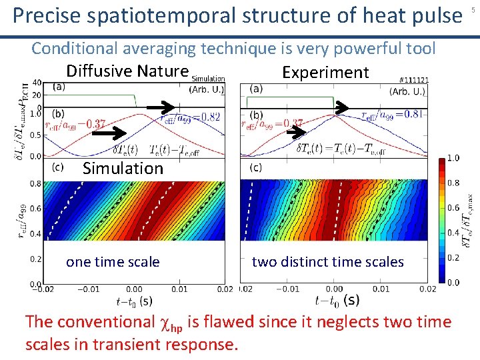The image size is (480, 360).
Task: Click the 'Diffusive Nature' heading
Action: click(x=127, y=71)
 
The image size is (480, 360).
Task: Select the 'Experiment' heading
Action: click(x=325, y=73)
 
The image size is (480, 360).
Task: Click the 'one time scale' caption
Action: click(x=113, y=262)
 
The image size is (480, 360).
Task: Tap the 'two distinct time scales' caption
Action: click(x=328, y=262)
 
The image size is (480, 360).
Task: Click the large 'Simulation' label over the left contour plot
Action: click(x=123, y=169)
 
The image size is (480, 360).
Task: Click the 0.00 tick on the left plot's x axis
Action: click(x=133, y=289)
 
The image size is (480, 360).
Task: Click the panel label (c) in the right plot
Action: click(x=256, y=167)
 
